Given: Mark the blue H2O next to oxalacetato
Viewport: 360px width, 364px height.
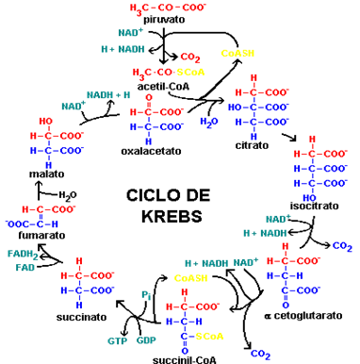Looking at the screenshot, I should (x=209, y=122).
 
